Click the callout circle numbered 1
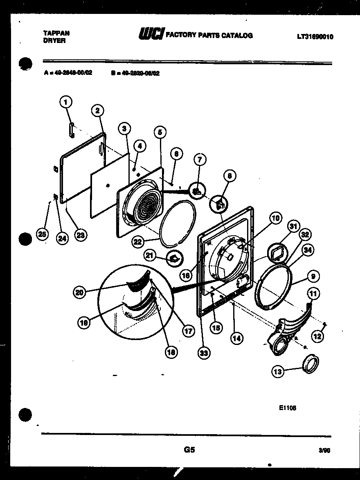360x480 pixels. pos(66,102)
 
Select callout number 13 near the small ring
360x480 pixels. pos(278,372)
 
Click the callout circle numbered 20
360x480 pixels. pos(80,292)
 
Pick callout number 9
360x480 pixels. pos(313,276)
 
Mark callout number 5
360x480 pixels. pos(160,132)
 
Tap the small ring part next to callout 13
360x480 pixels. pos(310,363)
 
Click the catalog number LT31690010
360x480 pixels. pos(315,37)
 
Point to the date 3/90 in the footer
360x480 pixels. pos(324,451)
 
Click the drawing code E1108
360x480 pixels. pos(288,408)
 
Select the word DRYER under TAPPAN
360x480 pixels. pos(54,41)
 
